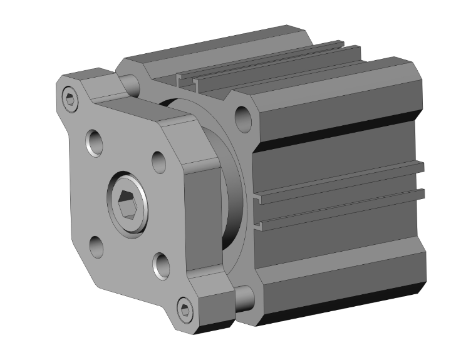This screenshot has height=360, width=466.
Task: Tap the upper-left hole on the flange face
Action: coord(95,143)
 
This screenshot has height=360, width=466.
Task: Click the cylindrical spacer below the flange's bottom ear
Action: coord(244,298)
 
